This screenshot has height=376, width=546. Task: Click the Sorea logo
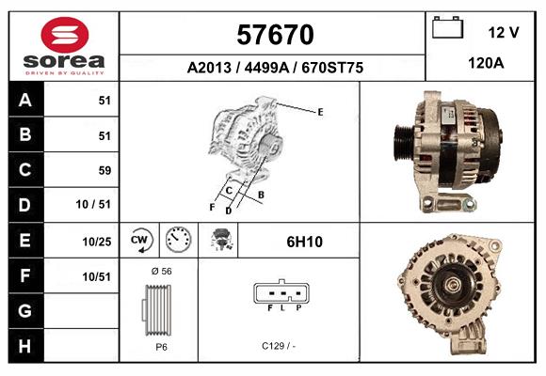[64, 45]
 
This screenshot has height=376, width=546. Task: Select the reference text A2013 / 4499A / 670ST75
[275, 69]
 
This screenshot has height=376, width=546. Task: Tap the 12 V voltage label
[504, 32]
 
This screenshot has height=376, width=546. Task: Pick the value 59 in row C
[104, 171]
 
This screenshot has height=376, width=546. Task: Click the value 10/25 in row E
[97, 242]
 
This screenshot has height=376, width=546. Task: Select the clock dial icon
[178, 241]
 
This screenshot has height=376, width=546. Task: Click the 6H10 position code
[304, 242]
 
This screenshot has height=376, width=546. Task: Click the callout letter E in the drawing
[320, 112]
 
